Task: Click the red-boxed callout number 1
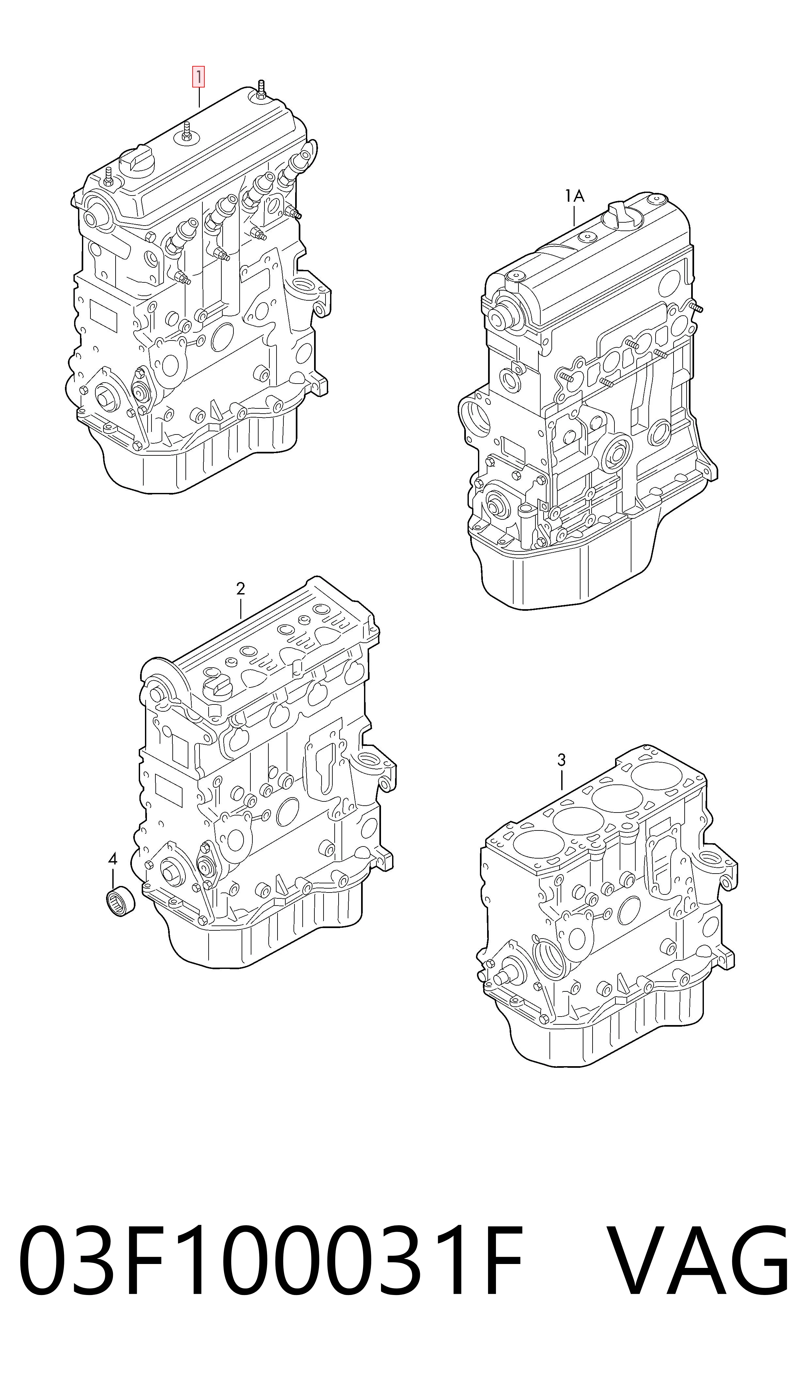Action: click(x=198, y=77)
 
